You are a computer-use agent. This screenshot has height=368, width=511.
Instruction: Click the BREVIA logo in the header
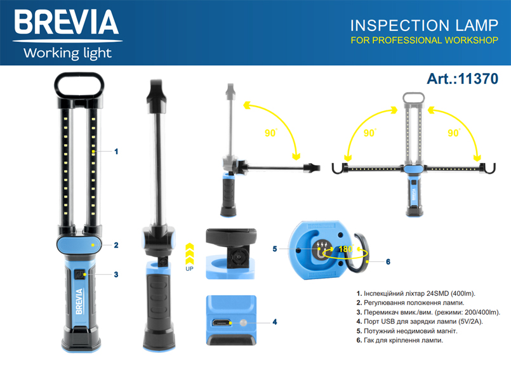(67, 22)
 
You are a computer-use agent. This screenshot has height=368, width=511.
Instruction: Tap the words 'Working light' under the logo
(67, 53)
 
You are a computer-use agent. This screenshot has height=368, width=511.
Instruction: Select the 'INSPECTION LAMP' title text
(424, 26)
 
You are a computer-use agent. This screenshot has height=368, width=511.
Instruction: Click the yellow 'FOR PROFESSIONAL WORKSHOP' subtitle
(424, 41)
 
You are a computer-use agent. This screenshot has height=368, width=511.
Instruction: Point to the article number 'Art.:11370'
(463, 79)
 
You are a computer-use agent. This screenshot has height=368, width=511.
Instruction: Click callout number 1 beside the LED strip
(116, 152)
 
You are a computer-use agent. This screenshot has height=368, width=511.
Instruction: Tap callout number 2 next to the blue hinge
(116, 245)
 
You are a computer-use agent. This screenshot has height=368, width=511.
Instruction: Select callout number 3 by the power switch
(116, 275)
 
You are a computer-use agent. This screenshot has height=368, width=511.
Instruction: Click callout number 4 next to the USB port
(275, 322)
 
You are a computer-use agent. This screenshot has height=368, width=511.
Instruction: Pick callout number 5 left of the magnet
(275, 249)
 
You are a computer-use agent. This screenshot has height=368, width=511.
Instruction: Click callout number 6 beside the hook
(388, 262)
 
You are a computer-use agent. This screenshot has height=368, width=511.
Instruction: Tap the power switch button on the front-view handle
(79, 275)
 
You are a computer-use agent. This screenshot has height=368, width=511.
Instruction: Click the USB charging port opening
(222, 323)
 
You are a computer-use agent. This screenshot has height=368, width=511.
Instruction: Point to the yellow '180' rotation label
(345, 249)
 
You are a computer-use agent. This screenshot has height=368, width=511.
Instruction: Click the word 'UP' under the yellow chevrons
(189, 268)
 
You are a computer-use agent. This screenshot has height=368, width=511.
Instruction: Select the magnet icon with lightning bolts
(322, 249)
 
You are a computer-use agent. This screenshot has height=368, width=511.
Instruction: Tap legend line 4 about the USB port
(420, 322)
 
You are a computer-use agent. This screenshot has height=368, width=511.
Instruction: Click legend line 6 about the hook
(400, 341)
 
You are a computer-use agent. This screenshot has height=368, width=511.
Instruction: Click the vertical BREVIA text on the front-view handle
(79, 301)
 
